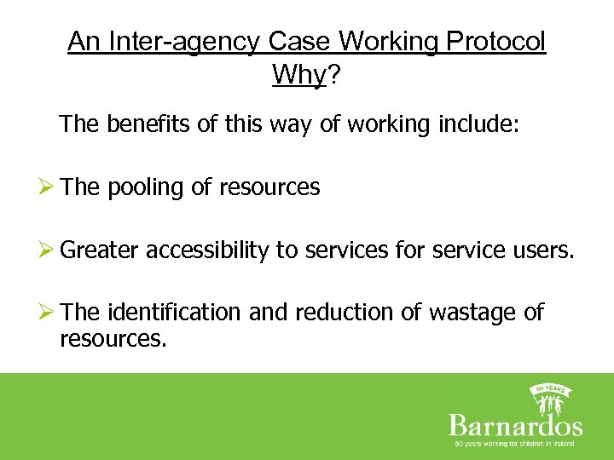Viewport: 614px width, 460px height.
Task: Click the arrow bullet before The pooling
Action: tap(49, 187)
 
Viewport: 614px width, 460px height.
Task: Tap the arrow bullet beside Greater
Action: tap(49, 250)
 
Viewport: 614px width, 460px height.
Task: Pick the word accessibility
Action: tap(207, 250)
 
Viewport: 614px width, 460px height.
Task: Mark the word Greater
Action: tap(100, 250)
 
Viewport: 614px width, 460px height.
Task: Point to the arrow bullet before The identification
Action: tap(49, 313)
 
